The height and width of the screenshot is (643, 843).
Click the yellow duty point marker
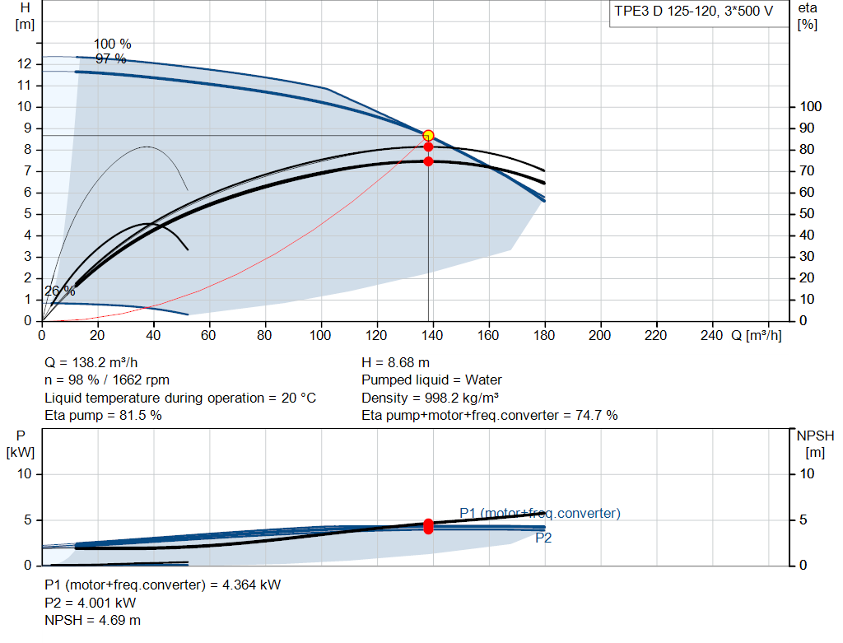pyautogui.click(x=428, y=136)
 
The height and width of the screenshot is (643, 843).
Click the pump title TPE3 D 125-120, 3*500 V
pyautogui.click(x=693, y=12)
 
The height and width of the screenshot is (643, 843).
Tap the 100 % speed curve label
pyautogui.click(x=112, y=44)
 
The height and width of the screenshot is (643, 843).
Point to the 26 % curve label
pyautogui.click(x=59, y=291)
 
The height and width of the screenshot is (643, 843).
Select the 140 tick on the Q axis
pyautogui.click(x=431, y=335)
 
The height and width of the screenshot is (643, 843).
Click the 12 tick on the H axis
pyautogui.click(x=24, y=64)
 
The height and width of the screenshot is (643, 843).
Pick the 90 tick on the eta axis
pyautogui.click(x=807, y=128)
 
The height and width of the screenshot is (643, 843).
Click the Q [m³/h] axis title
pyautogui.click(x=756, y=335)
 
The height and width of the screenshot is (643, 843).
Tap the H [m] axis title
pyautogui.click(x=25, y=16)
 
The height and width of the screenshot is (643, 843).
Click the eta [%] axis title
pyautogui.click(x=808, y=16)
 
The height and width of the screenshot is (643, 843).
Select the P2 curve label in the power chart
pyautogui.click(x=543, y=538)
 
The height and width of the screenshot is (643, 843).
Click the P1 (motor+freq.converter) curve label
pyautogui.click(x=540, y=514)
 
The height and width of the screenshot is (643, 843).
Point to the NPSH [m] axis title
pyautogui.click(x=815, y=444)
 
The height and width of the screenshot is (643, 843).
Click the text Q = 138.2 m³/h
pyautogui.click(x=91, y=363)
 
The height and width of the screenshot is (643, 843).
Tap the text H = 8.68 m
pyautogui.click(x=396, y=363)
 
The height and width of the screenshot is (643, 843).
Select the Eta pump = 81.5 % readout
pyautogui.click(x=103, y=416)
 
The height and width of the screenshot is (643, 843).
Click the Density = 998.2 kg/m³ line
pyautogui.click(x=430, y=398)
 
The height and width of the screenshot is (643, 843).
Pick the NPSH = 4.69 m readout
pyautogui.click(x=92, y=621)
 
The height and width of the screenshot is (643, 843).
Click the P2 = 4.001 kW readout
pyautogui.click(x=91, y=603)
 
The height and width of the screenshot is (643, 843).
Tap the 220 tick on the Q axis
pyautogui.click(x=655, y=335)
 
